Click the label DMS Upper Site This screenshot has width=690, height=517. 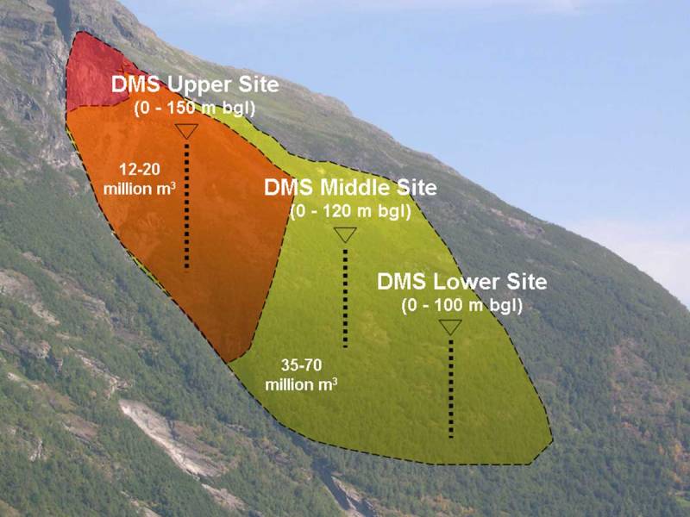(195, 85)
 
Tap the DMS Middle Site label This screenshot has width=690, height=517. (350, 188)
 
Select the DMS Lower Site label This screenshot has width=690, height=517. (462, 283)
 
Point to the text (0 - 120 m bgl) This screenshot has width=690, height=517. (350, 210)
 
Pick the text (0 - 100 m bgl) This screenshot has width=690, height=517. (462, 304)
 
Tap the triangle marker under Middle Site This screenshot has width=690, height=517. (345, 234)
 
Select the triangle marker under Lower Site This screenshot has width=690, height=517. (450, 327)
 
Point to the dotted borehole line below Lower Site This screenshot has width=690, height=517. (450, 388)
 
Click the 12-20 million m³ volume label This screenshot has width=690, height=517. (140, 178)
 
